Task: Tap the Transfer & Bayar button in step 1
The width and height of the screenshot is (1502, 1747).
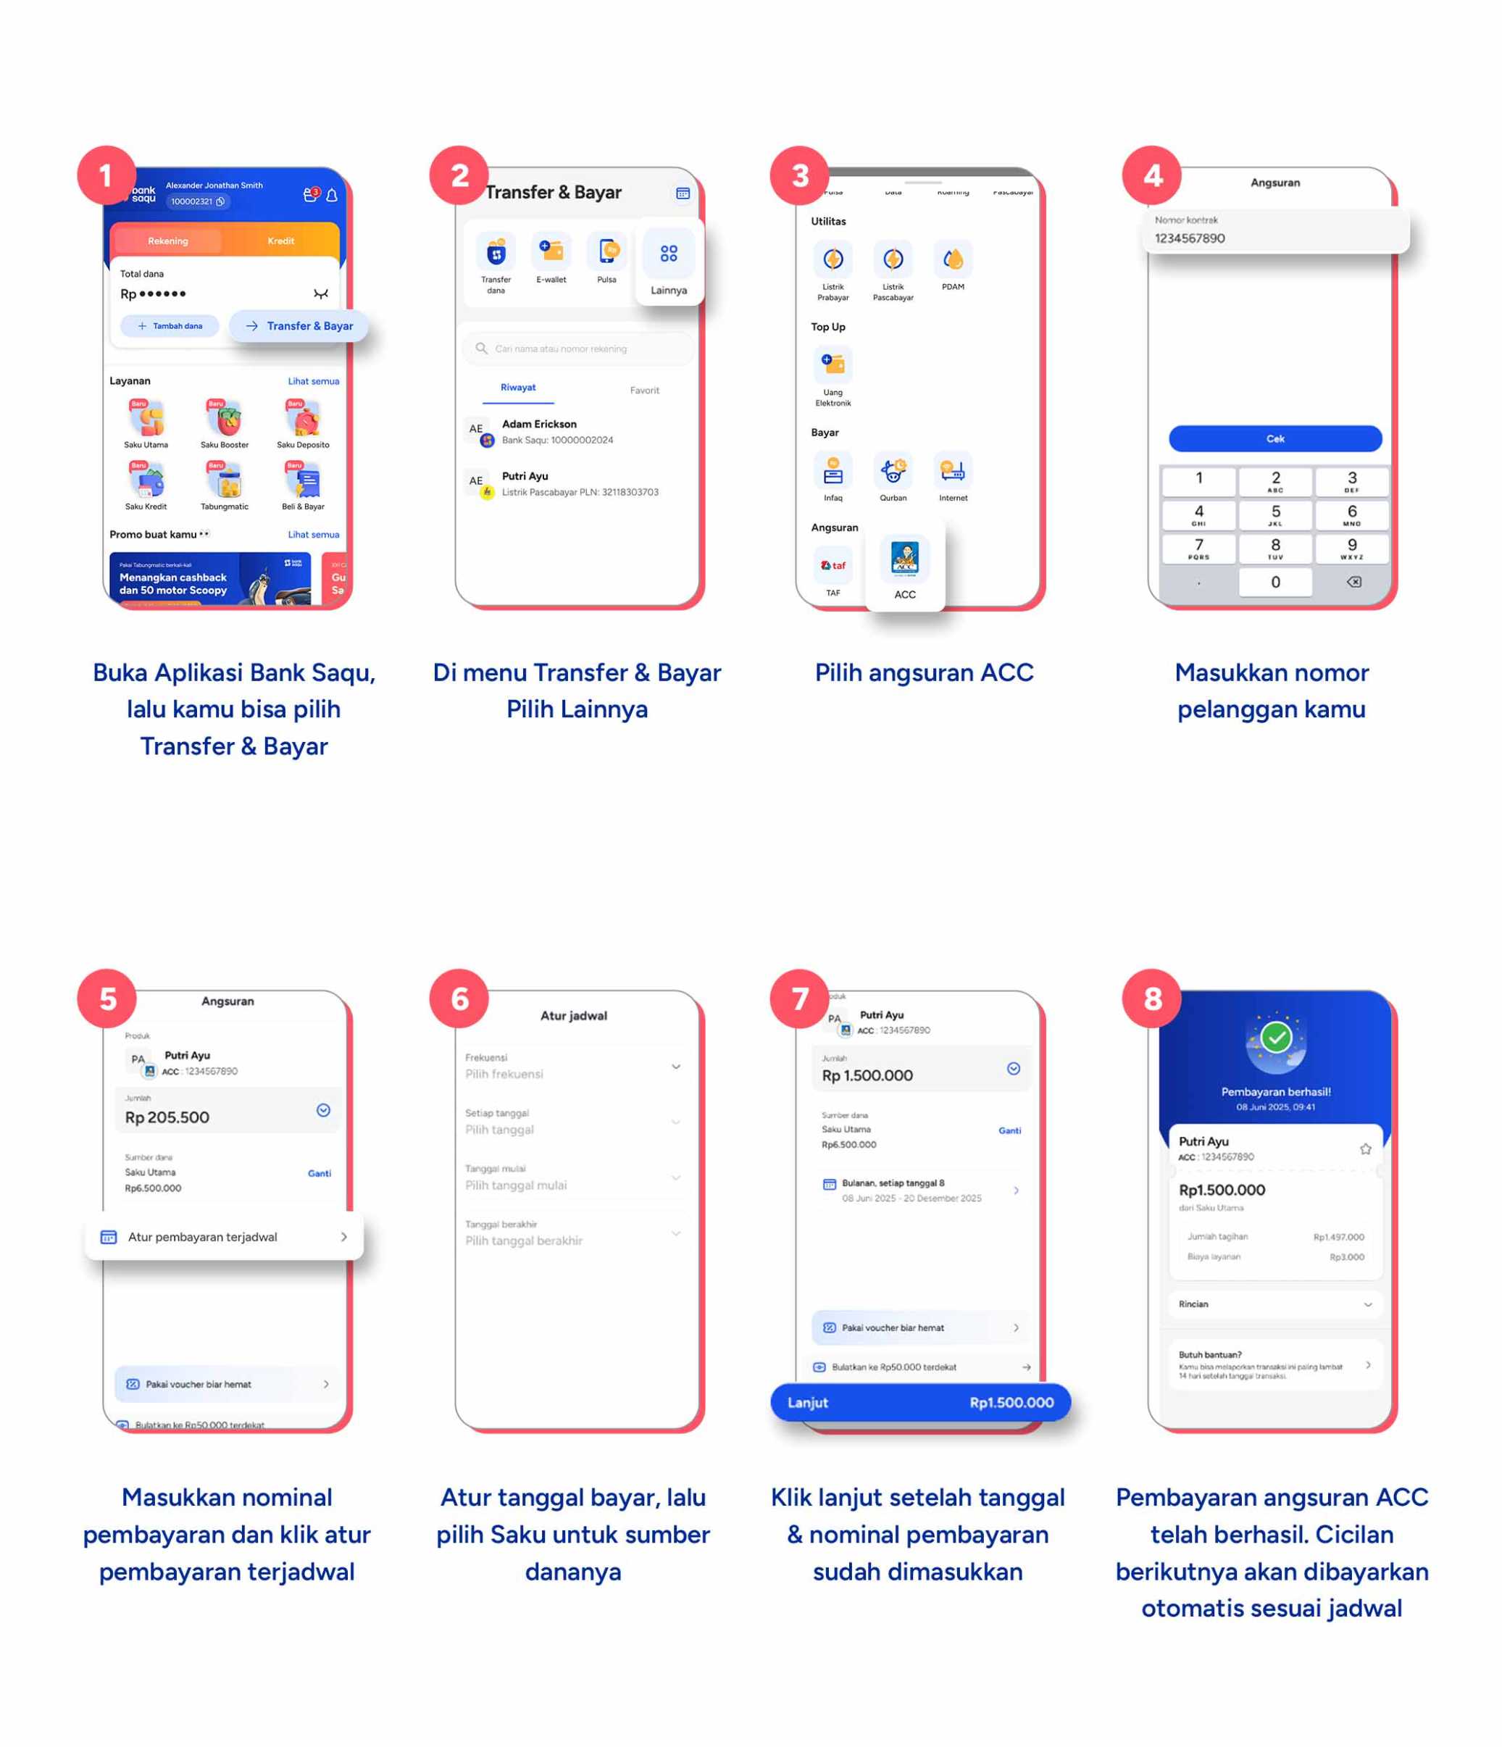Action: point(299,325)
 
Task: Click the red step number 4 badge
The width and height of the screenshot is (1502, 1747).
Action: point(1151,175)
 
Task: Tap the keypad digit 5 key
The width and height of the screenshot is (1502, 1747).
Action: point(1274,514)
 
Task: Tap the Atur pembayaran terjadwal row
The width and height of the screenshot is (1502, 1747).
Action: point(224,1236)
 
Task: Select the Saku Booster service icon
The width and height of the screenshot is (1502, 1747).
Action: point(224,419)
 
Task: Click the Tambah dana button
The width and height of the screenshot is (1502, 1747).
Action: point(170,325)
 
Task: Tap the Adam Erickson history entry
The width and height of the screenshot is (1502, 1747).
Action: point(556,431)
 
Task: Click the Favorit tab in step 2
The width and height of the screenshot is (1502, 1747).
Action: point(644,390)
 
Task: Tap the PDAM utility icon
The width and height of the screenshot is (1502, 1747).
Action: point(953,261)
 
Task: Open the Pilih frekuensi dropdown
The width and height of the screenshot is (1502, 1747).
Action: point(573,1067)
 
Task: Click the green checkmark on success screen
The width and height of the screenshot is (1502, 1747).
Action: point(1275,1036)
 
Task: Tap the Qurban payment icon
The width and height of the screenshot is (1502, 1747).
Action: point(893,472)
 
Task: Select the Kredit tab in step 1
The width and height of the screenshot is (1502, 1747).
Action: point(280,241)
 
